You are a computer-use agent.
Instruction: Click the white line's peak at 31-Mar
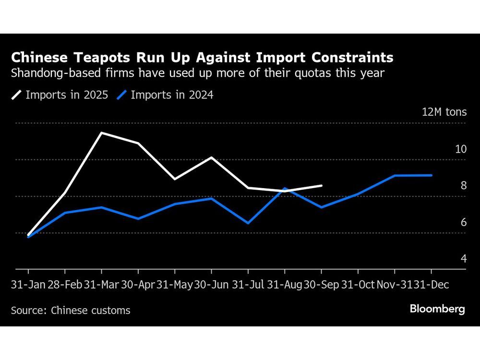(x=101, y=132)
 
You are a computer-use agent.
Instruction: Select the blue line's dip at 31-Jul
(x=248, y=223)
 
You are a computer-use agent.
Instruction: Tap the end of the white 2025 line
(x=322, y=185)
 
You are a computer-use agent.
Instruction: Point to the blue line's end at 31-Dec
(x=432, y=175)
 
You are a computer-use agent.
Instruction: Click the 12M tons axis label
(x=444, y=112)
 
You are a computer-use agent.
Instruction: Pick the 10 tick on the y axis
(x=461, y=149)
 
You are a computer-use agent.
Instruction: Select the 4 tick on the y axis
(x=464, y=259)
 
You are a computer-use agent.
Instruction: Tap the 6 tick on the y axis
(x=464, y=222)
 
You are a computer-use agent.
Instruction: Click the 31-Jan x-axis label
(x=28, y=285)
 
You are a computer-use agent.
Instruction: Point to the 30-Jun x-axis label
(x=211, y=285)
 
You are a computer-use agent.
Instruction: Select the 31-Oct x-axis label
(x=358, y=285)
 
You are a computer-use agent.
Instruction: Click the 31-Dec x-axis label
(x=435, y=285)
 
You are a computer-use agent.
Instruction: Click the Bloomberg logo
(x=437, y=309)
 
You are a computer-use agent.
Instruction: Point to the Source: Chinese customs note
(x=71, y=311)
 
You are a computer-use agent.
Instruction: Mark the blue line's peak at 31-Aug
(x=285, y=188)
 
